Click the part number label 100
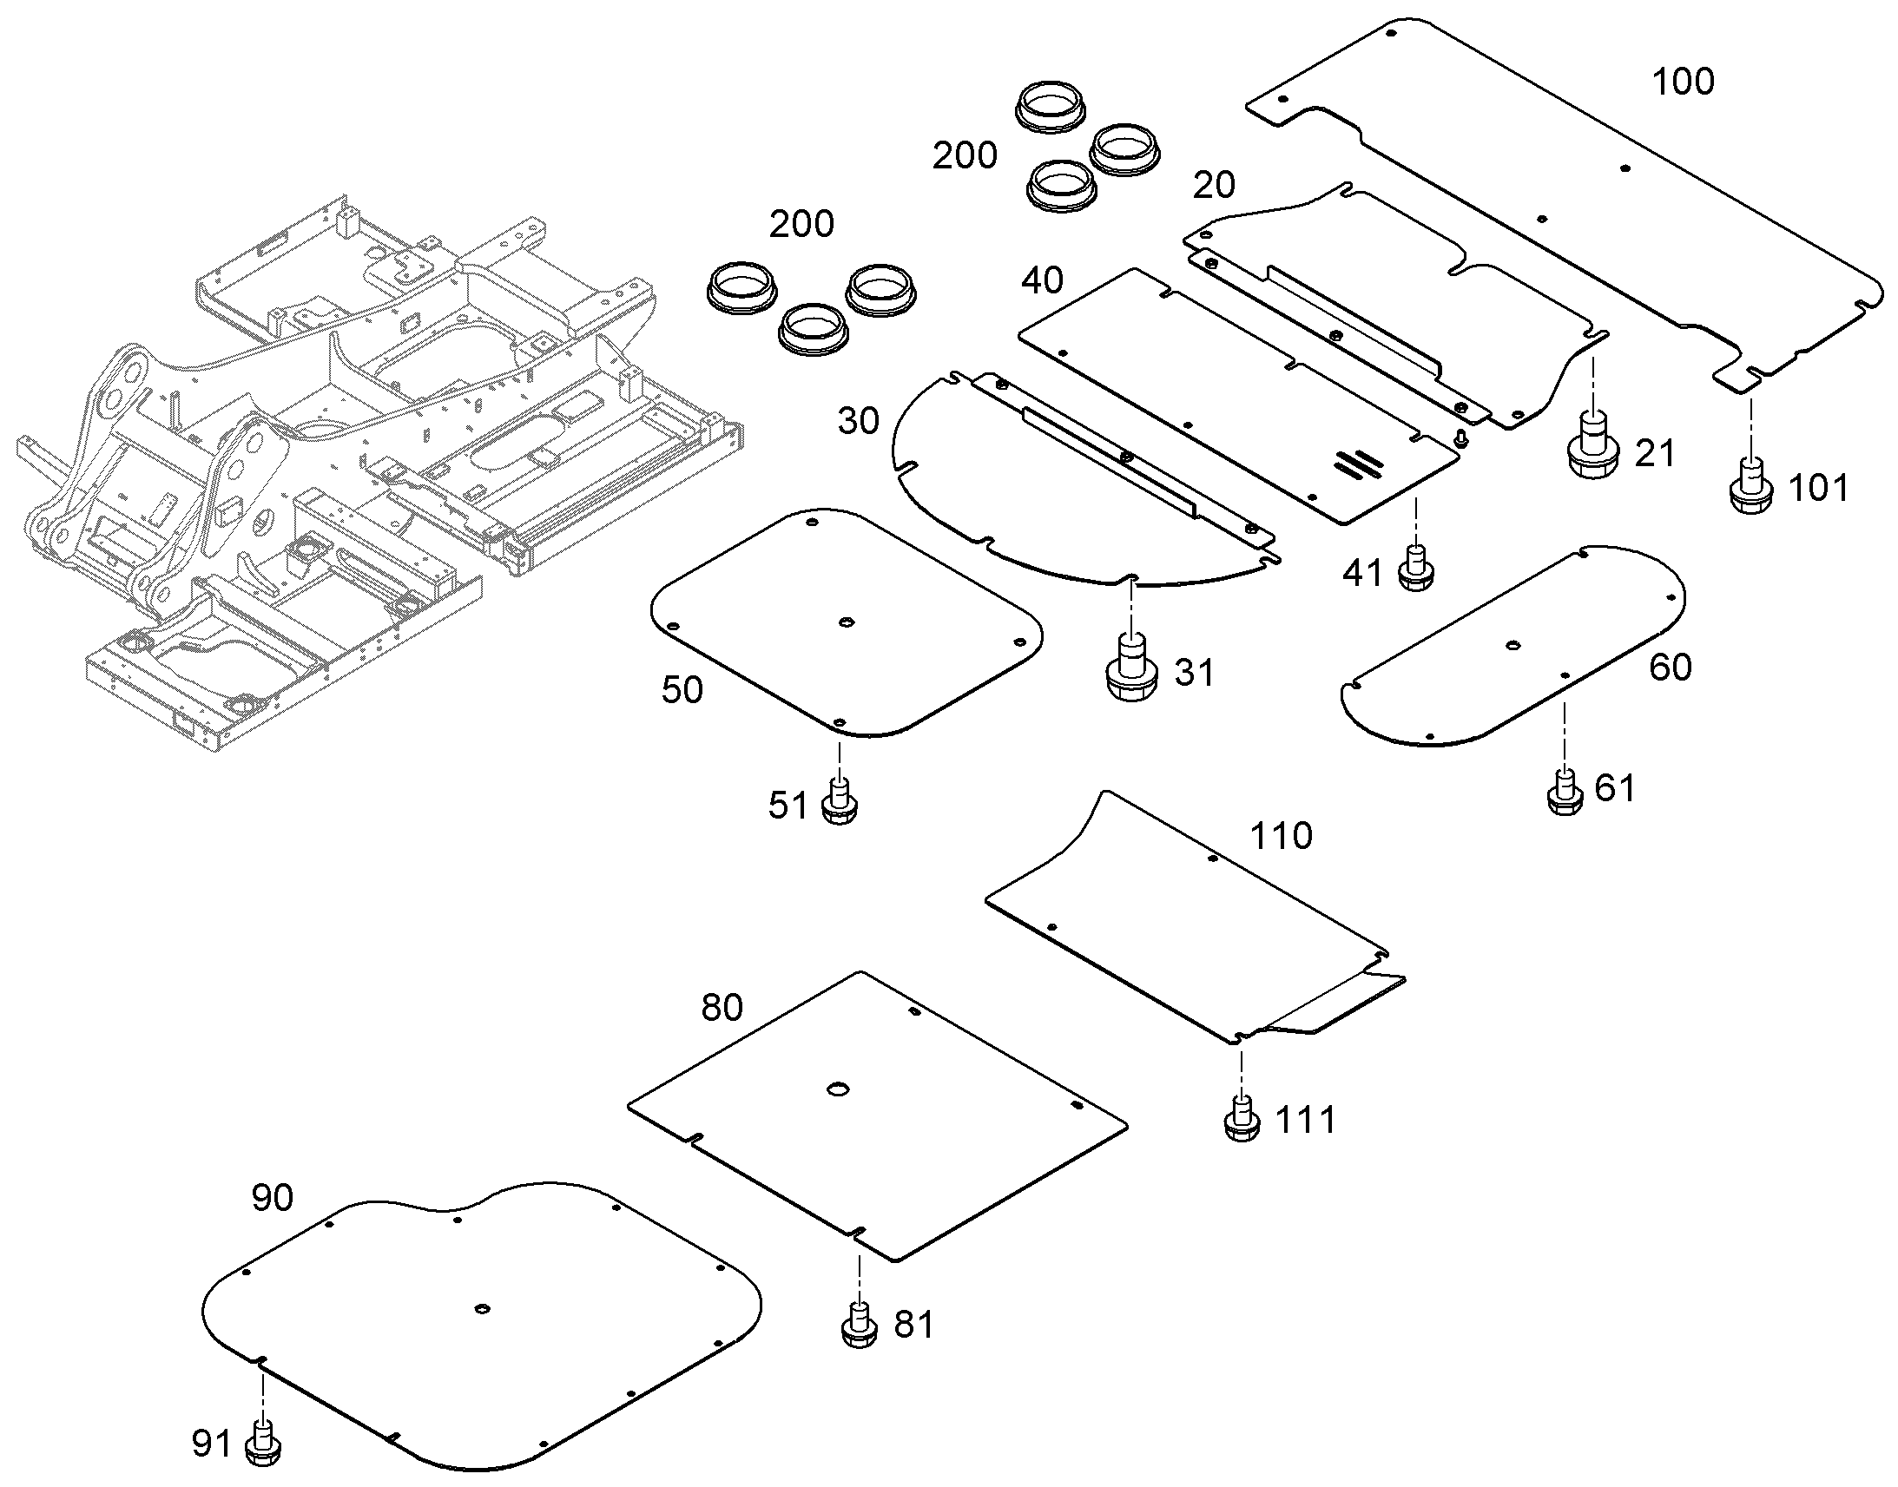pyautogui.click(x=1683, y=81)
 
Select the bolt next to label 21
pyautogui.click(x=1592, y=444)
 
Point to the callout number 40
pyautogui.click(x=1042, y=280)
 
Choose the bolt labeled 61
pyautogui.click(x=1565, y=792)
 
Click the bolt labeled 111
pyautogui.click(x=1242, y=1120)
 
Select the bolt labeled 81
pyautogui.click(x=860, y=1326)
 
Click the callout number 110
pyautogui.click(x=1281, y=836)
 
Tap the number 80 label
pyautogui.click(x=722, y=1008)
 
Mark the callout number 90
pyautogui.click(x=273, y=1198)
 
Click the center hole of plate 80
pyautogui.click(x=838, y=1089)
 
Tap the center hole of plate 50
pyautogui.click(x=846, y=622)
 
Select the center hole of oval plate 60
pyautogui.click(x=1513, y=645)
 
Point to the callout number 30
pyautogui.click(x=859, y=421)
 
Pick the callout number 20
pyautogui.click(x=1214, y=185)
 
